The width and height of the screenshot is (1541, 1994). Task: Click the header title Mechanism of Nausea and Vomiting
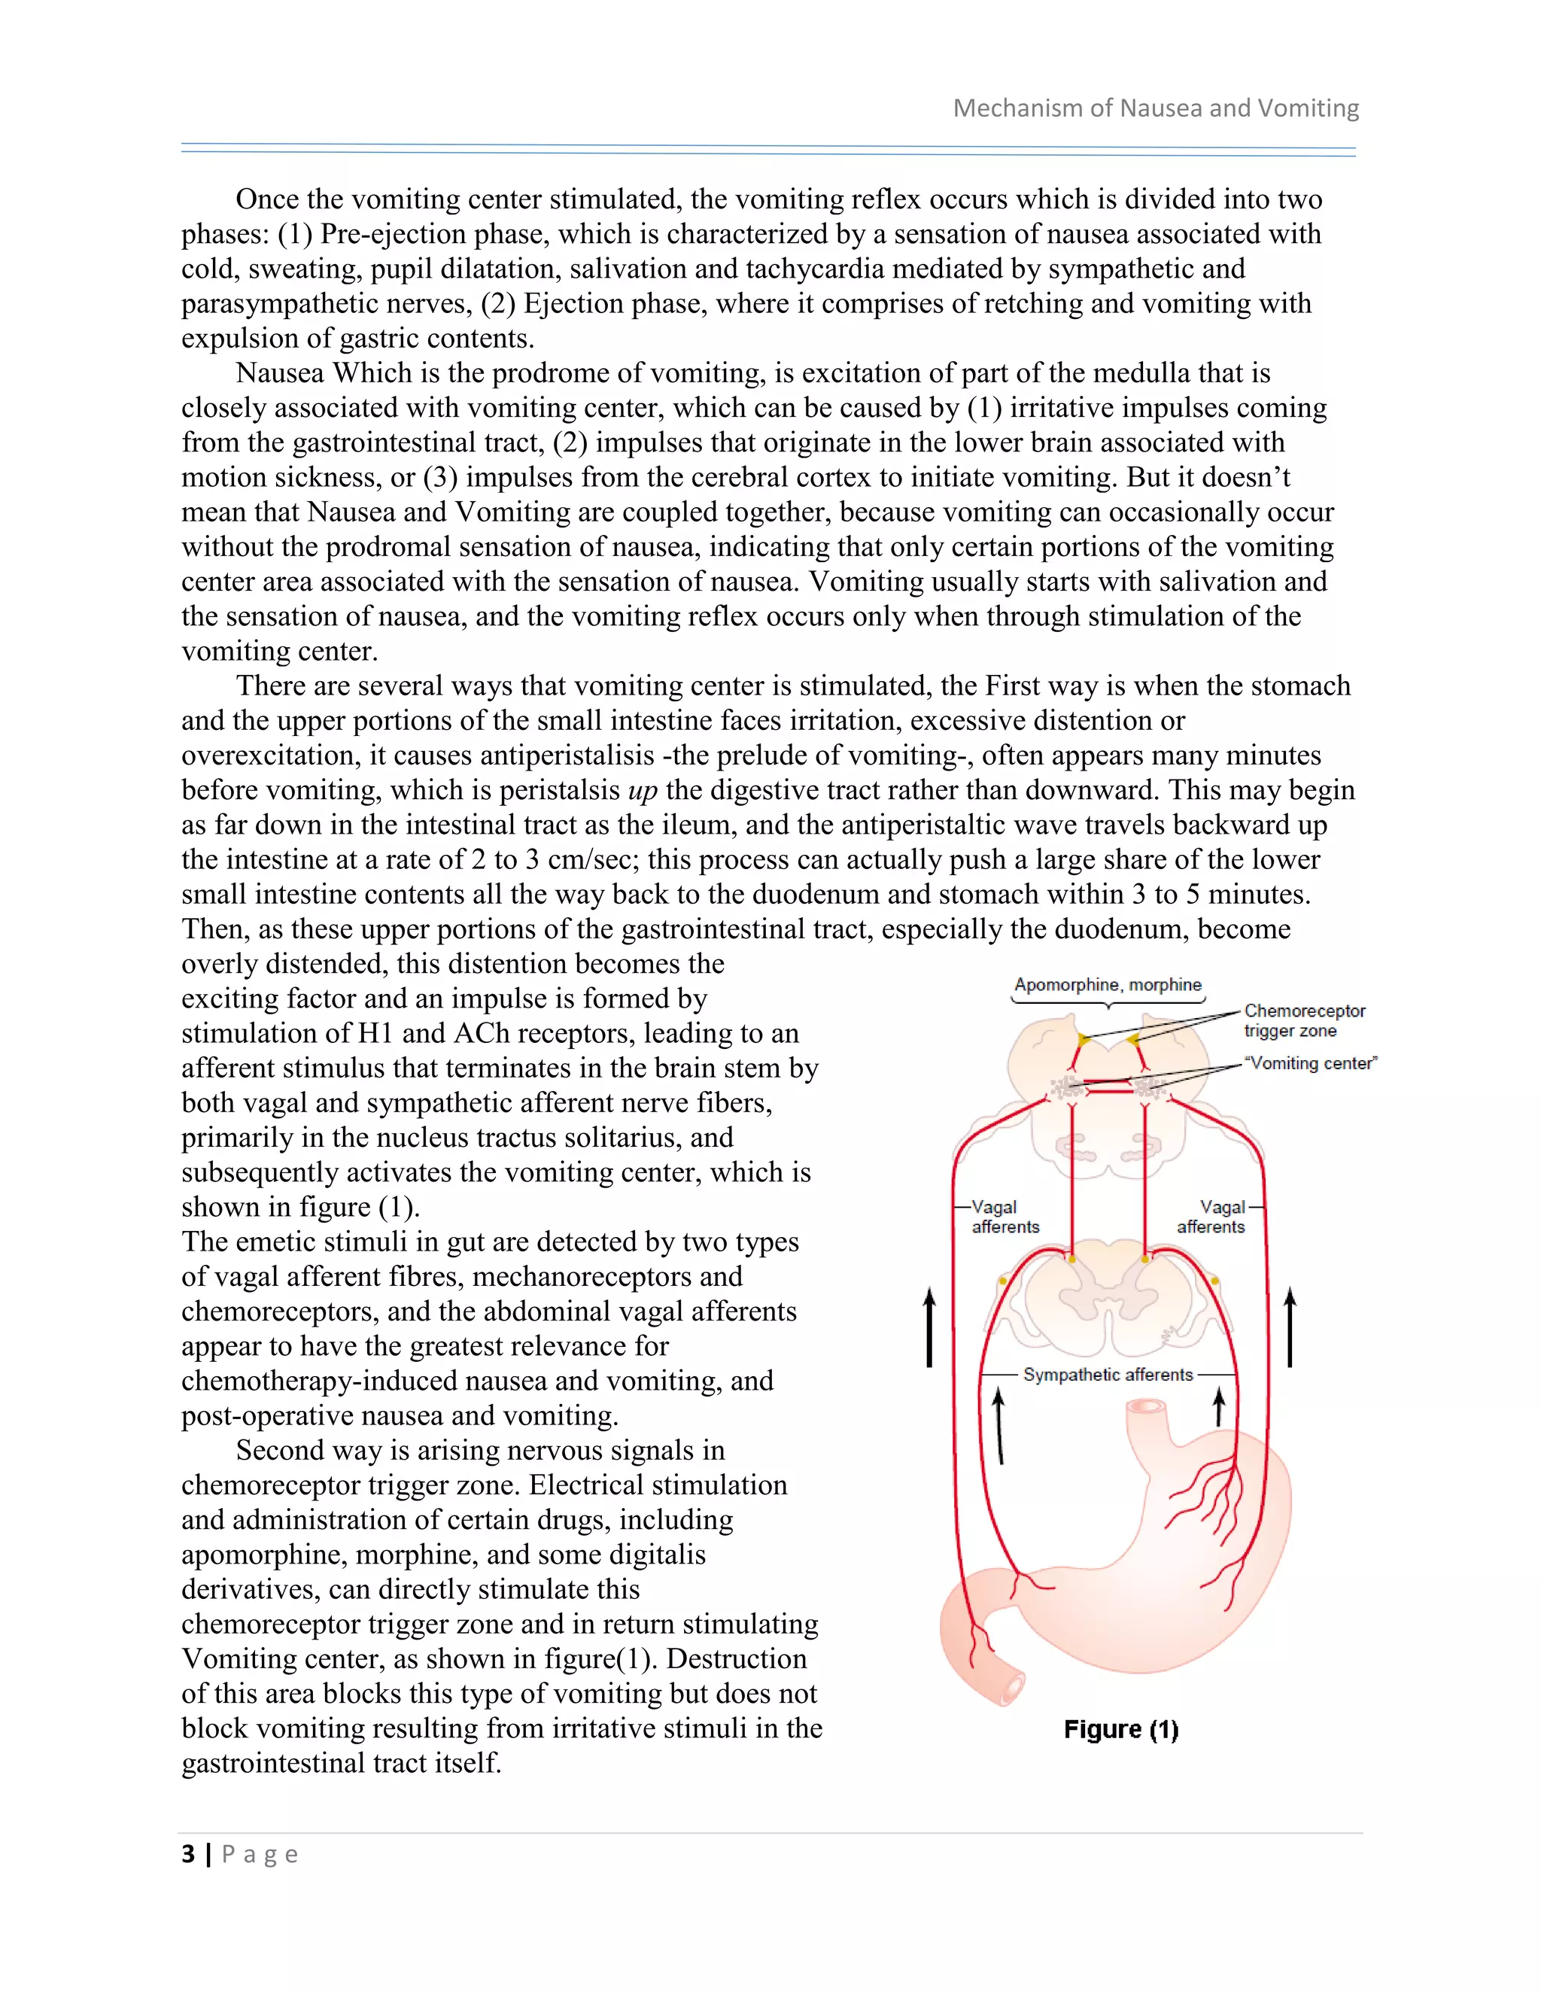[1156, 108]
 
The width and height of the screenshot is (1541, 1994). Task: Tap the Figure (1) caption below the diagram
[1120, 1730]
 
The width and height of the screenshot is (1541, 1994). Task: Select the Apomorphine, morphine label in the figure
[1108, 984]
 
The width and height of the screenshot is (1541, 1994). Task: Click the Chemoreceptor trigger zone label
[1304, 1021]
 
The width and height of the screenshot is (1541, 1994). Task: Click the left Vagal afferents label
[1005, 1217]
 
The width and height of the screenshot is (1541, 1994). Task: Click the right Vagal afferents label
[1211, 1217]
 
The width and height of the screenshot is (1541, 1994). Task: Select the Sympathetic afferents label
[1108, 1374]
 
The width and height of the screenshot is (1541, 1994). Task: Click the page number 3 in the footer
[188, 1854]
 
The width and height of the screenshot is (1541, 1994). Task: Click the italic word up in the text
[643, 791]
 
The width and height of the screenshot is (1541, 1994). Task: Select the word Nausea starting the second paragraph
[280, 373]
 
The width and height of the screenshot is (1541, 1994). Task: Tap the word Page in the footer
[260, 1854]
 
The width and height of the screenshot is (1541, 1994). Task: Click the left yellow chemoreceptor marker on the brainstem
[1084, 1039]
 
